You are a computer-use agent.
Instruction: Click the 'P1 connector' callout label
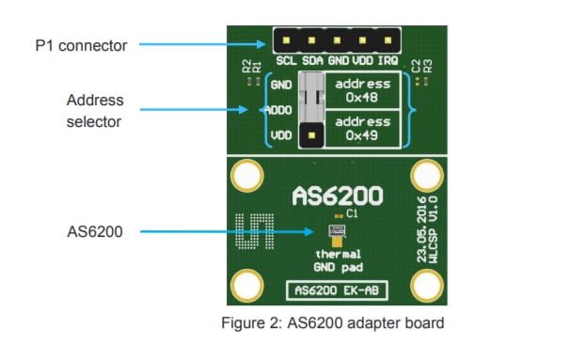(80, 44)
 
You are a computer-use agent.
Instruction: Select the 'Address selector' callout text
(95, 110)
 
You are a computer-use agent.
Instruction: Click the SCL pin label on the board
(287, 61)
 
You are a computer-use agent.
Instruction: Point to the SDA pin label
(312, 61)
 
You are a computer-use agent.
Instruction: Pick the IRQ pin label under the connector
(388, 61)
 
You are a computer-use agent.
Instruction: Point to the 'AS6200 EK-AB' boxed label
(337, 290)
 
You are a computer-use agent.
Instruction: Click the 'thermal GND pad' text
(337, 260)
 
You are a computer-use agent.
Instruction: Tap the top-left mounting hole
(247, 175)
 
